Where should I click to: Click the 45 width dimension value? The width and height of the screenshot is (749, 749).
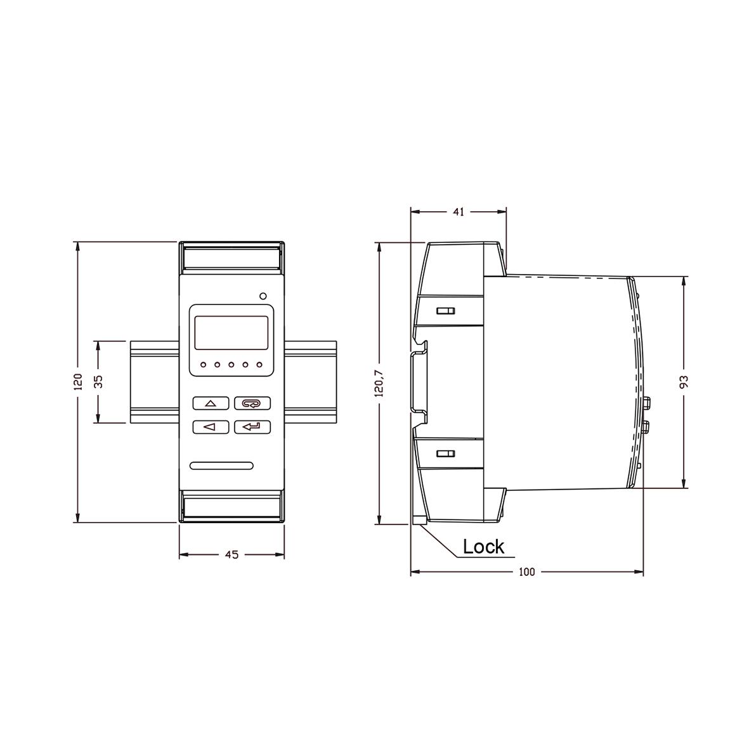click(x=231, y=554)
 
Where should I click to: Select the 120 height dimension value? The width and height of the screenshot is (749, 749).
click(x=79, y=382)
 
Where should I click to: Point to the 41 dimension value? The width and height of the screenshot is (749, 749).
click(x=458, y=212)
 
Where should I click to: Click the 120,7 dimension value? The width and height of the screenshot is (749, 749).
click(x=379, y=383)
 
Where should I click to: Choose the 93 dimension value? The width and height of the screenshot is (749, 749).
click(x=684, y=382)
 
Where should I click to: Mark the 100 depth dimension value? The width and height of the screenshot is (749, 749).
click(x=527, y=572)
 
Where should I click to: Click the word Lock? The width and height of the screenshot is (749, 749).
click(x=483, y=547)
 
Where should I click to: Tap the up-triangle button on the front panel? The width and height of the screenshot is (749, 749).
click(x=211, y=403)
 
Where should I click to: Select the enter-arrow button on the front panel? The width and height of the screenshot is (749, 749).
click(x=252, y=427)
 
